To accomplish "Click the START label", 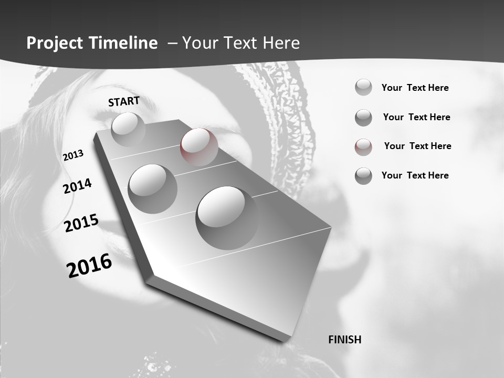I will click(124, 101).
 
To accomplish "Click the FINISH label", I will click(344, 340).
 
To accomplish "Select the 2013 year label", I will click(73, 155).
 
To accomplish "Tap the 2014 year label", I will click(77, 186).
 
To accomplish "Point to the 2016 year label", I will click(89, 266).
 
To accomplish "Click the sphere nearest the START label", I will click(128, 129).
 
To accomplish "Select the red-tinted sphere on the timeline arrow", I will click(199, 147).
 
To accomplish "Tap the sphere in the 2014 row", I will click(153, 188).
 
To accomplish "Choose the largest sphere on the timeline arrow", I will click(227, 218).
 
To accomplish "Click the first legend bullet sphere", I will click(363, 87).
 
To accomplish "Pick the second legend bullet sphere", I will click(363, 118).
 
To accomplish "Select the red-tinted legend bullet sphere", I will click(363, 147).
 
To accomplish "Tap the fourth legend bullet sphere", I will click(363, 176).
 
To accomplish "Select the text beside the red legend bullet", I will click(417, 146).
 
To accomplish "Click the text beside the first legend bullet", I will click(415, 88).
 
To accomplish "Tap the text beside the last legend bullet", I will click(415, 175).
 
